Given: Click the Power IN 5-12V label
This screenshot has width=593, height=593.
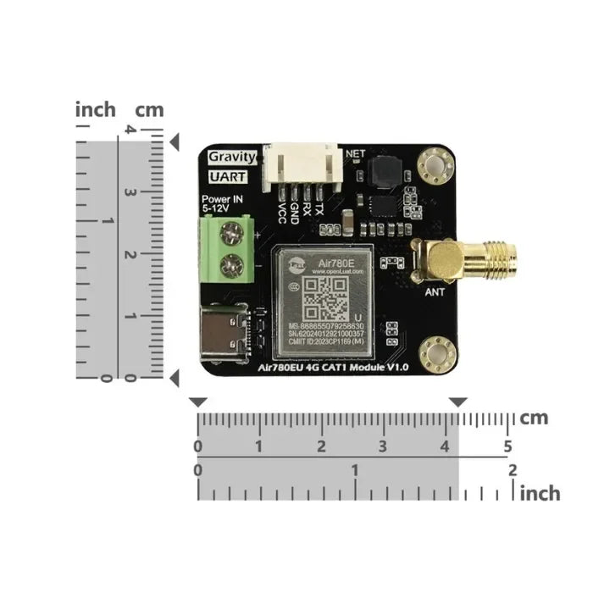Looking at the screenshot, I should (x=222, y=203).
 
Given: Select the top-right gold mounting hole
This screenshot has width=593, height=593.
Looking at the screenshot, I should (x=438, y=162).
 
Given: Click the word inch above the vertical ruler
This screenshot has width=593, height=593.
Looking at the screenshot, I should (x=96, y=110).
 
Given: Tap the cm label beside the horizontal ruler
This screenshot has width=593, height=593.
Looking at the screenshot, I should (x=535, y=418).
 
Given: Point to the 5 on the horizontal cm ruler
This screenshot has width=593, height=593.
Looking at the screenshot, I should (x=507, y=446).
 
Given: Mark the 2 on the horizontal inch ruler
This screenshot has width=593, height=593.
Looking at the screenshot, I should (x=512, y=469).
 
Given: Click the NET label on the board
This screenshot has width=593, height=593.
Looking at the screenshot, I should (x=356, y=155).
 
